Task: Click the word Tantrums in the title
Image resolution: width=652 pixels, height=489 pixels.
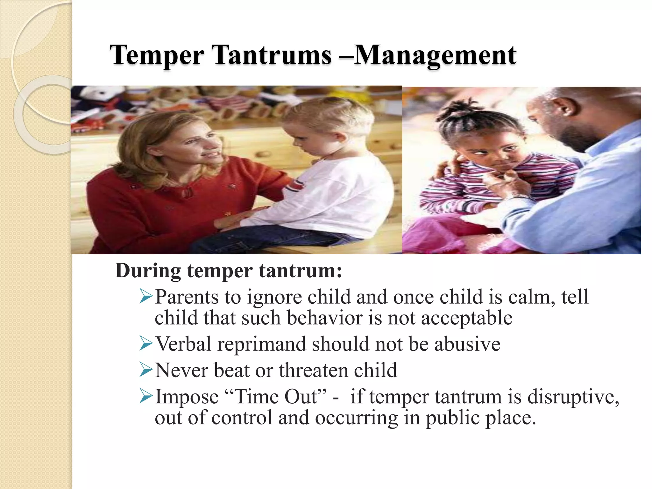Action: (x=273, y=55)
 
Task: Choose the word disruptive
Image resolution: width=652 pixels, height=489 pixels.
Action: (x=573, y=397)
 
